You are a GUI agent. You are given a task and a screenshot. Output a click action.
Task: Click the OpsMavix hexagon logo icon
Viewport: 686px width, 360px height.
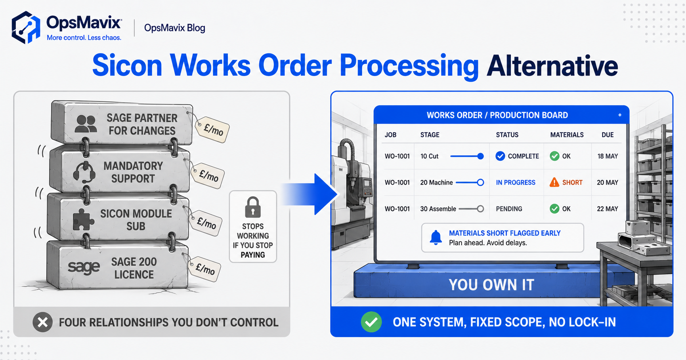[x=26, y=27]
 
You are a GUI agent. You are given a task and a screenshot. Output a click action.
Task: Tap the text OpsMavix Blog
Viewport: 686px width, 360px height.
[x=175, y=28]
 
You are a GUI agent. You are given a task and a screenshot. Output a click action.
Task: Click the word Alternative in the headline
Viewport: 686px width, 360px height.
[x=552, y=65]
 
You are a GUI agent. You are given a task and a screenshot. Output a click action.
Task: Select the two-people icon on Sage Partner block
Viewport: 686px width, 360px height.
[x=86, y=124]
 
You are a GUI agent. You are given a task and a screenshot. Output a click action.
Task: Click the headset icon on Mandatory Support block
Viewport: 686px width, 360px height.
[x=84, y=172]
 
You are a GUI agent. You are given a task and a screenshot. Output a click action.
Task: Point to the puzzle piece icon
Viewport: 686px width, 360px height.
[x=84, y=219]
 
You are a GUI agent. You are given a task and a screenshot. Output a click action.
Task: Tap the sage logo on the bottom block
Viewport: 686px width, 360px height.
[x=84, y=268]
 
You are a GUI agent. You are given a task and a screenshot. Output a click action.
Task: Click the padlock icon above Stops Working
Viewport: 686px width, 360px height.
[x=253, y=207]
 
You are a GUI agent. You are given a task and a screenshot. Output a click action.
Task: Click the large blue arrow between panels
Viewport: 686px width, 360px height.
[x=310, y=194]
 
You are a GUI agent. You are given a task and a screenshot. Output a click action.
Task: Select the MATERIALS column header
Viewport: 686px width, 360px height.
[x=567, y=135]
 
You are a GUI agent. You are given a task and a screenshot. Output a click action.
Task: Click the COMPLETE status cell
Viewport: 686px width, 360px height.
[x=517, y=156]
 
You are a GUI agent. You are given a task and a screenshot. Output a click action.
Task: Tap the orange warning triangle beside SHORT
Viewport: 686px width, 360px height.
[x=554, y=182]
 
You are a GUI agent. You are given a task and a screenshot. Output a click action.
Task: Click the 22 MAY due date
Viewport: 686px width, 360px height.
[x=608, y=209]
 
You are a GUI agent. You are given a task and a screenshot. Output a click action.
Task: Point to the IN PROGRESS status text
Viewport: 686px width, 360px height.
[x=516, y=183]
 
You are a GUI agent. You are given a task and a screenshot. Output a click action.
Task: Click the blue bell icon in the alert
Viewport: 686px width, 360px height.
[x=436, y=238]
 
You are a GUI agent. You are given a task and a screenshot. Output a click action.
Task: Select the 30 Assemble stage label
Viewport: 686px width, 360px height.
[x=438, y=209]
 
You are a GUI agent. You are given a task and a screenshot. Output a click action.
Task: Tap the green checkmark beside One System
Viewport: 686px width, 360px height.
[x=371, y=322]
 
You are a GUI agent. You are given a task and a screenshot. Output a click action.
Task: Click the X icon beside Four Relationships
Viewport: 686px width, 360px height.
[x=43, y=322]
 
